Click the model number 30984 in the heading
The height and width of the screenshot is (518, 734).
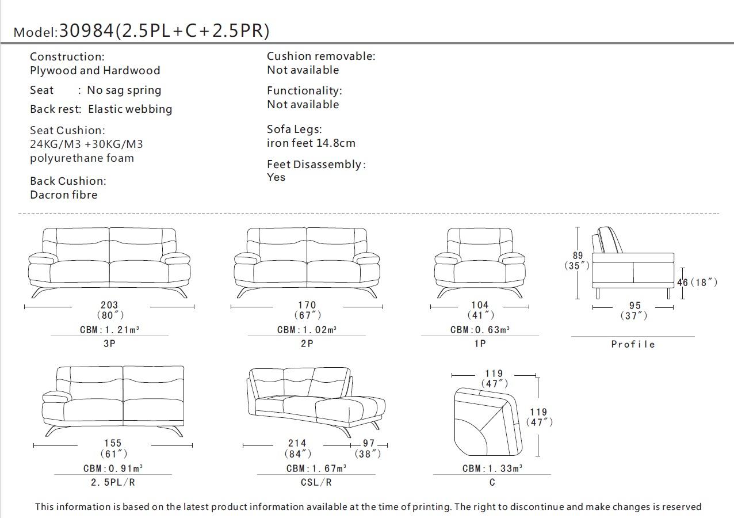point(86,31)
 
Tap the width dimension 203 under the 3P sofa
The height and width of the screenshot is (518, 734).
point(109,306)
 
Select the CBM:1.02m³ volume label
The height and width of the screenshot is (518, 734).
point(307,330)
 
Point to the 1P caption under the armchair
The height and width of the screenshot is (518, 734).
point(480,344)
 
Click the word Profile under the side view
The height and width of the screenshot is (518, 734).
point(633,344)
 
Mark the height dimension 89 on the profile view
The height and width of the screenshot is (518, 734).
point(578,256)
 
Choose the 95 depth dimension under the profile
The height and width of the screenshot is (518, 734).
point(634,306)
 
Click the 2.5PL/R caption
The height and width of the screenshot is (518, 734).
point(113,482)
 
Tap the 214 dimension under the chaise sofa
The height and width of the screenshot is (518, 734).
point(297,443)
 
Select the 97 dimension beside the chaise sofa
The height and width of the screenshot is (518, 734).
point(369,443)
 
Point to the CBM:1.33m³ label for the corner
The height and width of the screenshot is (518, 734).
point(492,469)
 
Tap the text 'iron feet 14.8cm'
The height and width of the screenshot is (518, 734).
point(311,143)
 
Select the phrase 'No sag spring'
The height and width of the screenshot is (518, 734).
point(124,90)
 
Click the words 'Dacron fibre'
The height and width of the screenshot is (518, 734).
point(64,195)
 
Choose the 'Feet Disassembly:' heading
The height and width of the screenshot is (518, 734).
point(316,165)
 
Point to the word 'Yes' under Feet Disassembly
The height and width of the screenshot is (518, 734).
point(276,177)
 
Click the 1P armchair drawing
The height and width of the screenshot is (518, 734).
point(480,262)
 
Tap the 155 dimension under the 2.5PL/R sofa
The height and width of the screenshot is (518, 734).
point(113,443)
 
